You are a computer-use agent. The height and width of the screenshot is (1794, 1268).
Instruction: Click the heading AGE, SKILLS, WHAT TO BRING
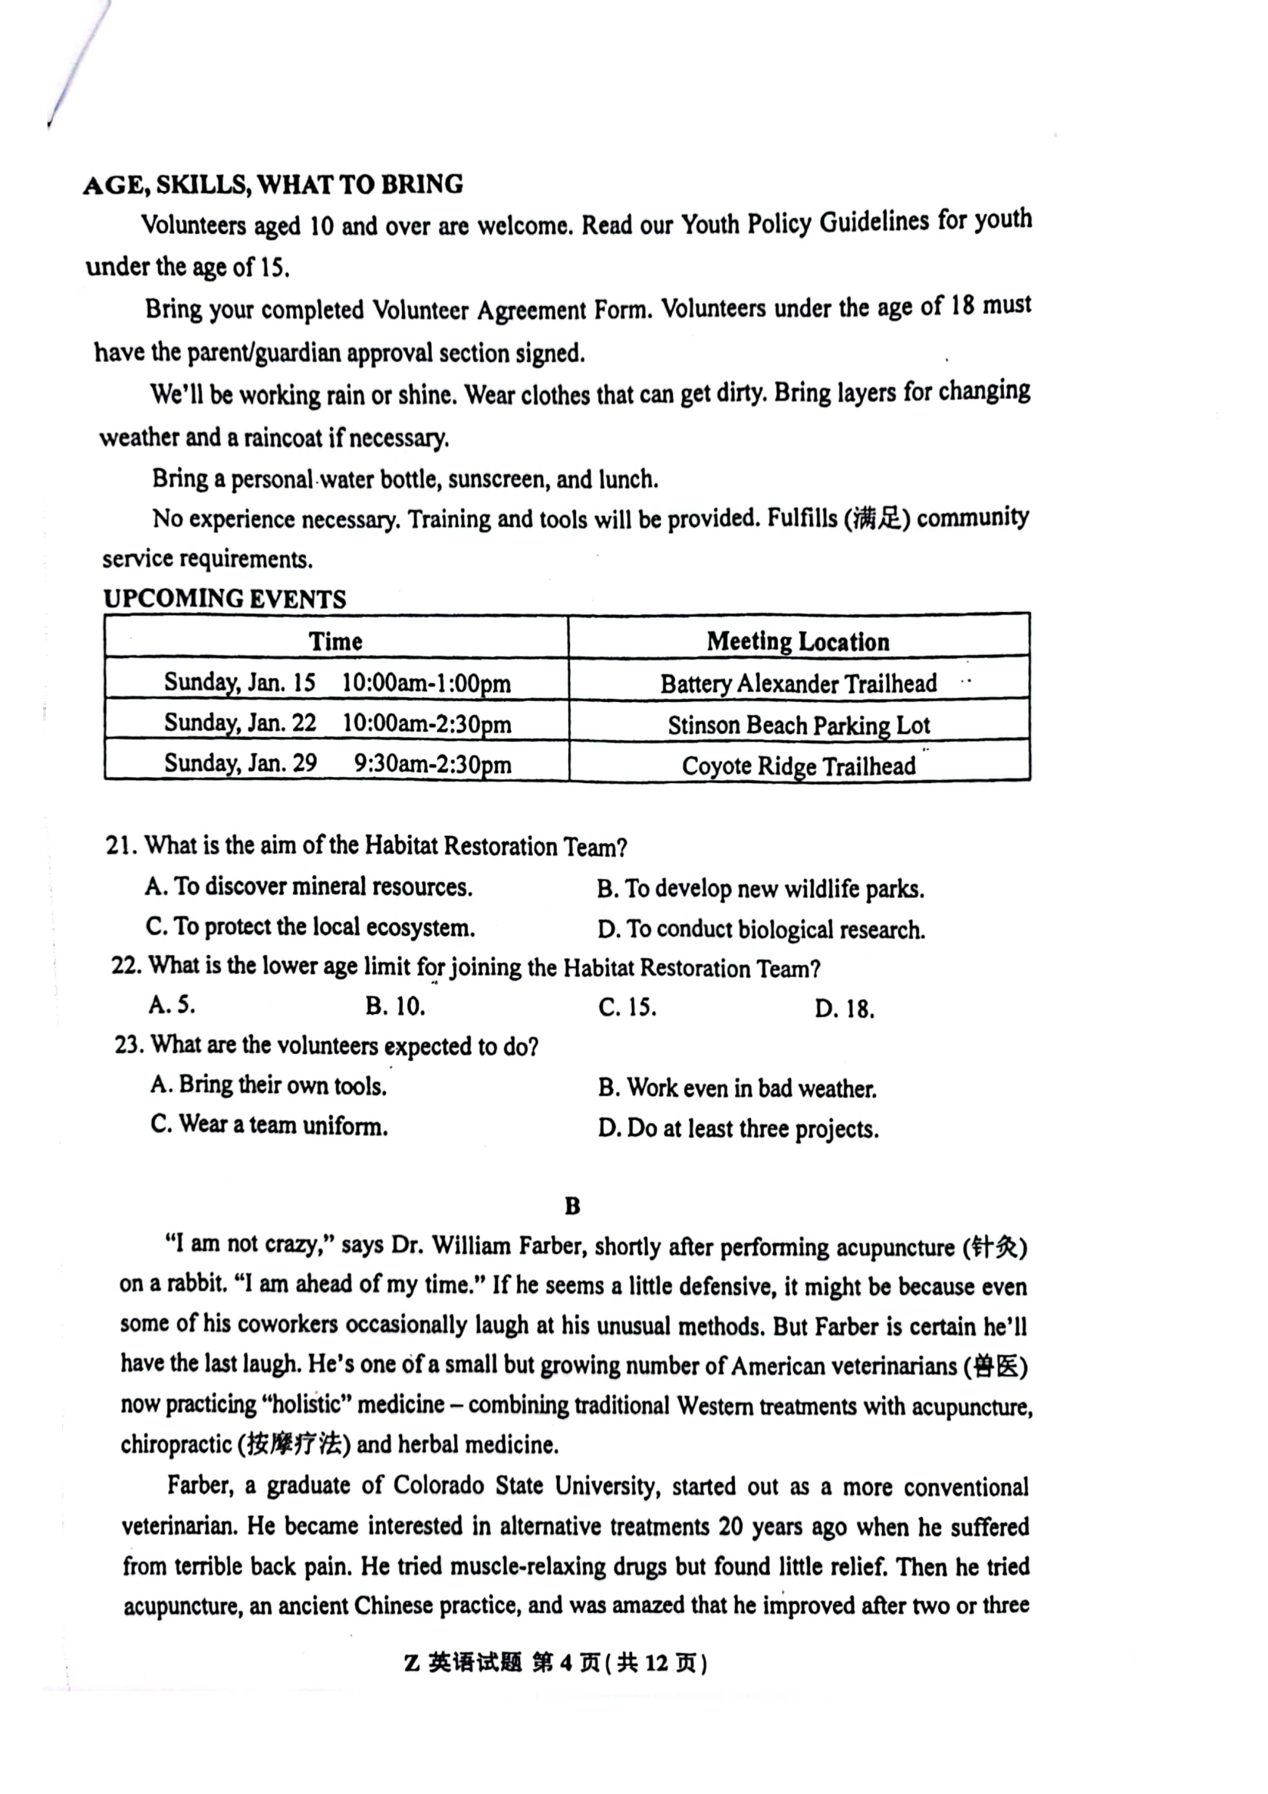(x=272, y=185)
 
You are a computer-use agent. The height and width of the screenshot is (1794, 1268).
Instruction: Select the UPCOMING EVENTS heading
(x=225, y=599)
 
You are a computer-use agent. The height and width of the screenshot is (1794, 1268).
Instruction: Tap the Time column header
(x=335, y=641)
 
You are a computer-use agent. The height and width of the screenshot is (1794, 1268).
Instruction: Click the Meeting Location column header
(x=798, y=641)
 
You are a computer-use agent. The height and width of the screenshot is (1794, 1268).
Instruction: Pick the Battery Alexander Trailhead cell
(x=798, y=683)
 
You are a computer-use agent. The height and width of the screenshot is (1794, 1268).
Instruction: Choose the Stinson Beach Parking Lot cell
(x=798, y=725)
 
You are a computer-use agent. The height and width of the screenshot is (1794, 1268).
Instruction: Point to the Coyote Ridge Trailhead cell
(x=798, y=765)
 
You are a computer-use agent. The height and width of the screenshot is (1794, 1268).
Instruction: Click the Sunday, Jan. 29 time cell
(x=337, y=763)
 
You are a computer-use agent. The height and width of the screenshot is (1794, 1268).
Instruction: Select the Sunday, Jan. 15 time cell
(x=337, y=683)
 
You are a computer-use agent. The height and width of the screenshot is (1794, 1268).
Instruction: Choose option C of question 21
(x=309, y=927)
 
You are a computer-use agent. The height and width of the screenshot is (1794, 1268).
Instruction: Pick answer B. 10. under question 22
(x=395, y=1006)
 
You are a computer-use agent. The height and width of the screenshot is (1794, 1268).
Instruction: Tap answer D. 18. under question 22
(x=844, y=1009)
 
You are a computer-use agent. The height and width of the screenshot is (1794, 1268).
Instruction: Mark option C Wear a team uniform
(x=268, y=1126)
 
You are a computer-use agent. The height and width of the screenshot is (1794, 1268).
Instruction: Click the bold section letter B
(x=572, y=1206)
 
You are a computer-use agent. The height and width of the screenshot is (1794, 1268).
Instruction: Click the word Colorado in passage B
(x=438, y=1486)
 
